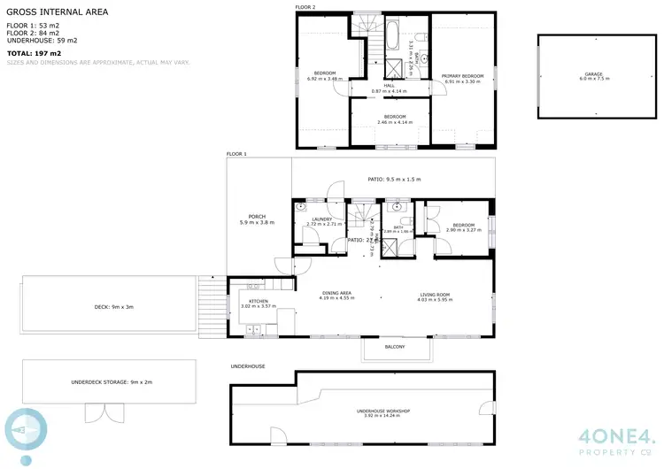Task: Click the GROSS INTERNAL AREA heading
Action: pos(58,12)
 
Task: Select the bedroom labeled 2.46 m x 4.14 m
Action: pos(390,119)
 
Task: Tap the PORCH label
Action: pos(257,219)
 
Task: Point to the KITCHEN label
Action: pos(259,303)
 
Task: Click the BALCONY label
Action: pos(395,347)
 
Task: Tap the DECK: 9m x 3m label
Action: pos(112,307)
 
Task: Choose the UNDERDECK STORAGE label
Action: pos(112,382)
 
